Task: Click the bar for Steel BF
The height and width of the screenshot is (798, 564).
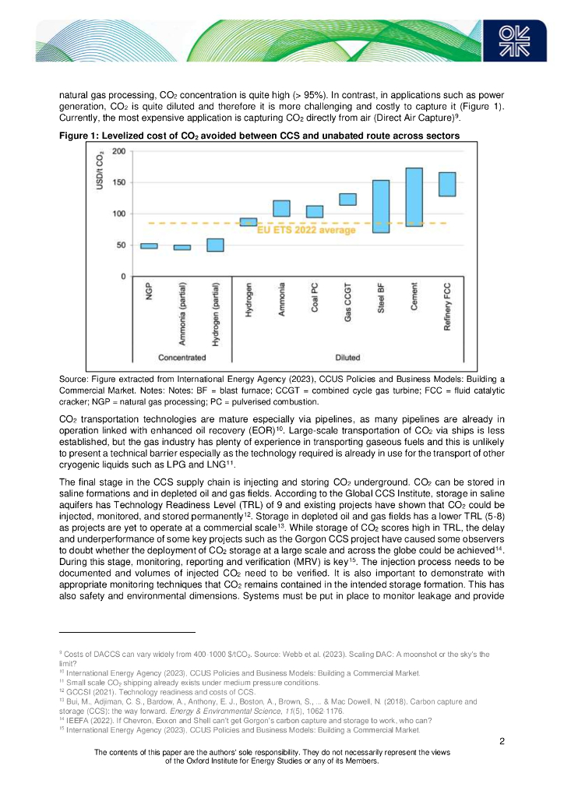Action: [x=381, y=207]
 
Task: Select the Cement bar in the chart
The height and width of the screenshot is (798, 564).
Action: [x=414, y=197]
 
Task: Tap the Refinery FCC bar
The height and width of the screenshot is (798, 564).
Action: [x=447, y=184]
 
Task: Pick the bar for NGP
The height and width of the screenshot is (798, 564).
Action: [x=149, y=246]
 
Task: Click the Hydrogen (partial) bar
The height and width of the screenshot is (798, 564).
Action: [x=215, y=245]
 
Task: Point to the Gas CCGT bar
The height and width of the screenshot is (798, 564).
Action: [x=347, y=199]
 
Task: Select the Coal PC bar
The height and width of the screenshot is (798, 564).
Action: [x=315, y=211]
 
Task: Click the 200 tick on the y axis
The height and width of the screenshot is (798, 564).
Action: [x=118, y=151]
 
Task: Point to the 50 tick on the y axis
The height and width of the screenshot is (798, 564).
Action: [x=121, y=245]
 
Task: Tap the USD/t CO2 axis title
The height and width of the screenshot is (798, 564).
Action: [x=100, y=175]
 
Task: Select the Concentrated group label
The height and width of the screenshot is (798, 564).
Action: [x=182, y=358]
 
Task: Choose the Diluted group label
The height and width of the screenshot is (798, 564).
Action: [x=347, y=358]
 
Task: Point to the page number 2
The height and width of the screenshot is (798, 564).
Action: [x=502, y=740]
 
